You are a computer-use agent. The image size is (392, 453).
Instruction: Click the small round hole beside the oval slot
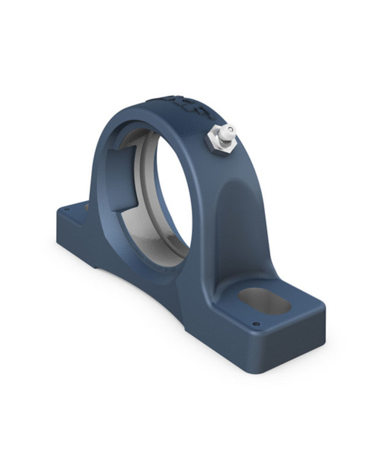256,324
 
